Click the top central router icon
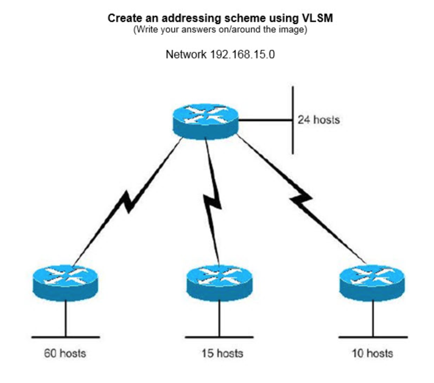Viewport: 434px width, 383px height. tap(206, 121)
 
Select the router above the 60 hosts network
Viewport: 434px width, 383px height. tap(65, 282)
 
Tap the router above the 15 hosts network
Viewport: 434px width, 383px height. tap(219, 282)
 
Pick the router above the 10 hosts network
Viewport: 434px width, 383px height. tap(372, 282)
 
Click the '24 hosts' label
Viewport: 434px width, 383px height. tap(318, 120)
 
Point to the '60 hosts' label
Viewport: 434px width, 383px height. tap(65, 353)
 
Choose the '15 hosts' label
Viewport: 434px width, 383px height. tap(222, 353)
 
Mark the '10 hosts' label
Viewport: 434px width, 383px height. tap(372, 353)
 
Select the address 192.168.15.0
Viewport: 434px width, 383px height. tap(242, 55)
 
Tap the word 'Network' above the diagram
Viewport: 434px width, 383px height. tap(186, 55)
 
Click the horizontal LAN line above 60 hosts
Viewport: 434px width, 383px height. tap(65, 337)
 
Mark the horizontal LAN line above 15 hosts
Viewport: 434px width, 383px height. tap(219, 337)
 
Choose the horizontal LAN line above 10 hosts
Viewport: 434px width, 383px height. tap(373, 337)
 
